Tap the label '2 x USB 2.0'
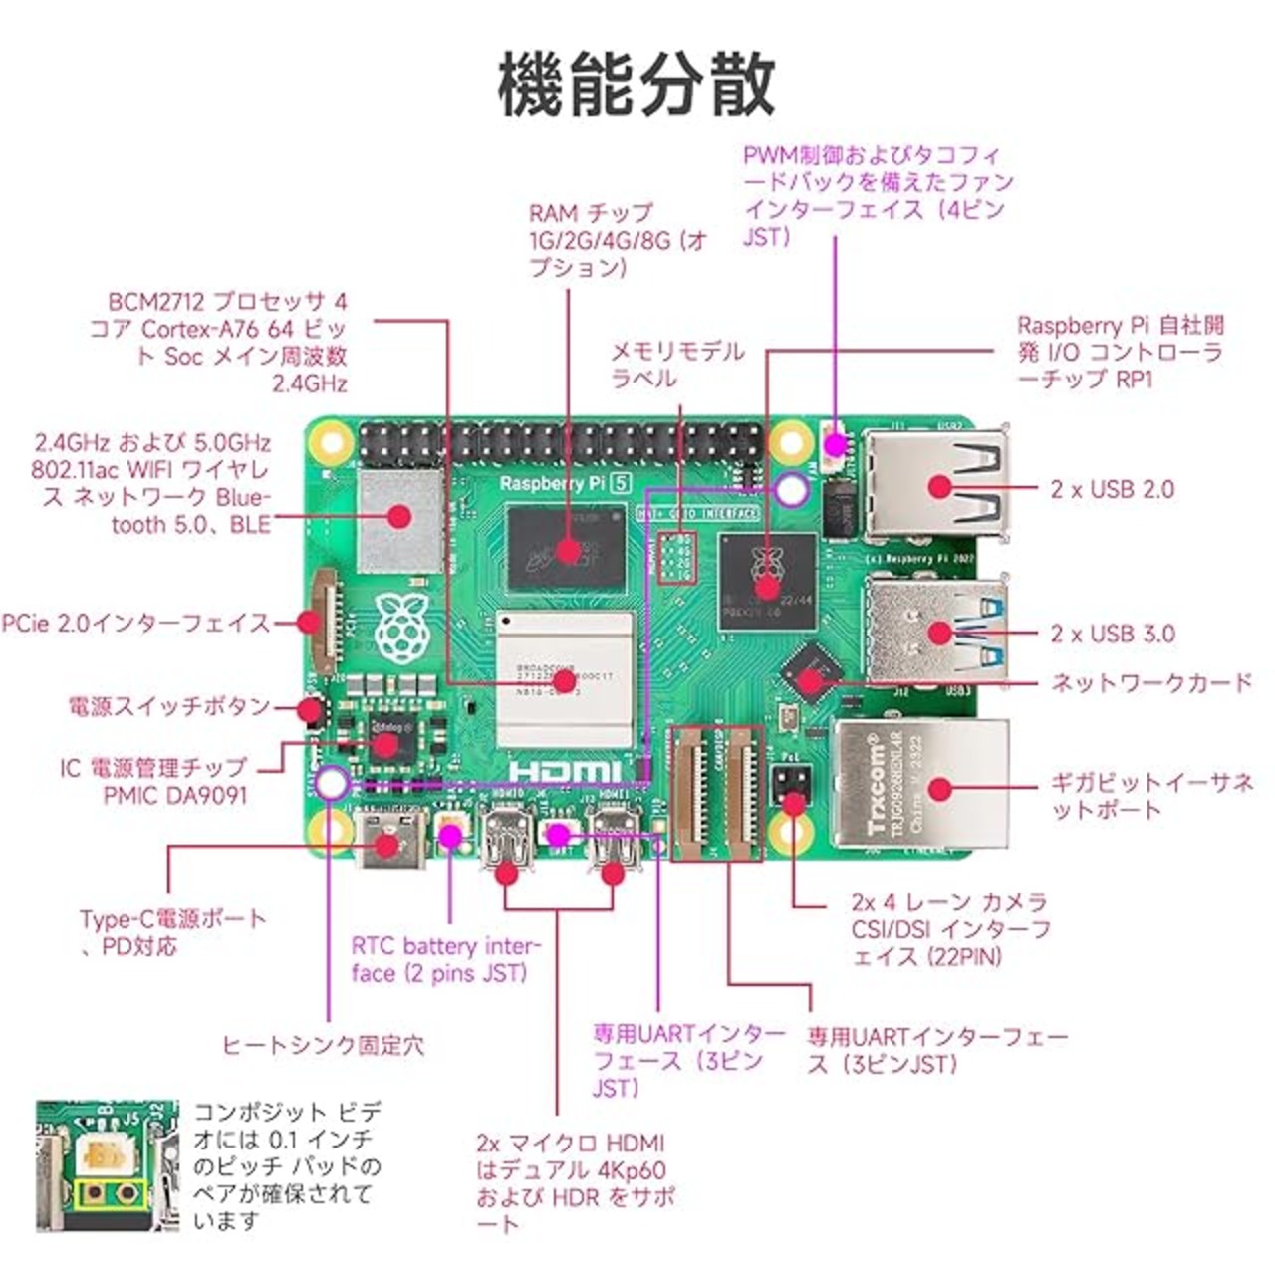click(1112, 489)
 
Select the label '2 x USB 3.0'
click(1112, 634)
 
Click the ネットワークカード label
click(1151, 682)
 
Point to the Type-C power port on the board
click(384, 842)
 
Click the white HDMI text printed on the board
click(564, 770)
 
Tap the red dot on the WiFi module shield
click(400, 516)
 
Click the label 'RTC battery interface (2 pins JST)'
click(445, 959)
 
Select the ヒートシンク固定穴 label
click(323, 1045)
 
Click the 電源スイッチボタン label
click(169, 706)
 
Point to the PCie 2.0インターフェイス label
click(135, 623)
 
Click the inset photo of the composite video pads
click(108, 1165)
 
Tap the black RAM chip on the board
click(566, 548)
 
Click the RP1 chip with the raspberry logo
click(766, 582)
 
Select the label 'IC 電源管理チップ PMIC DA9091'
click(153, 781)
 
